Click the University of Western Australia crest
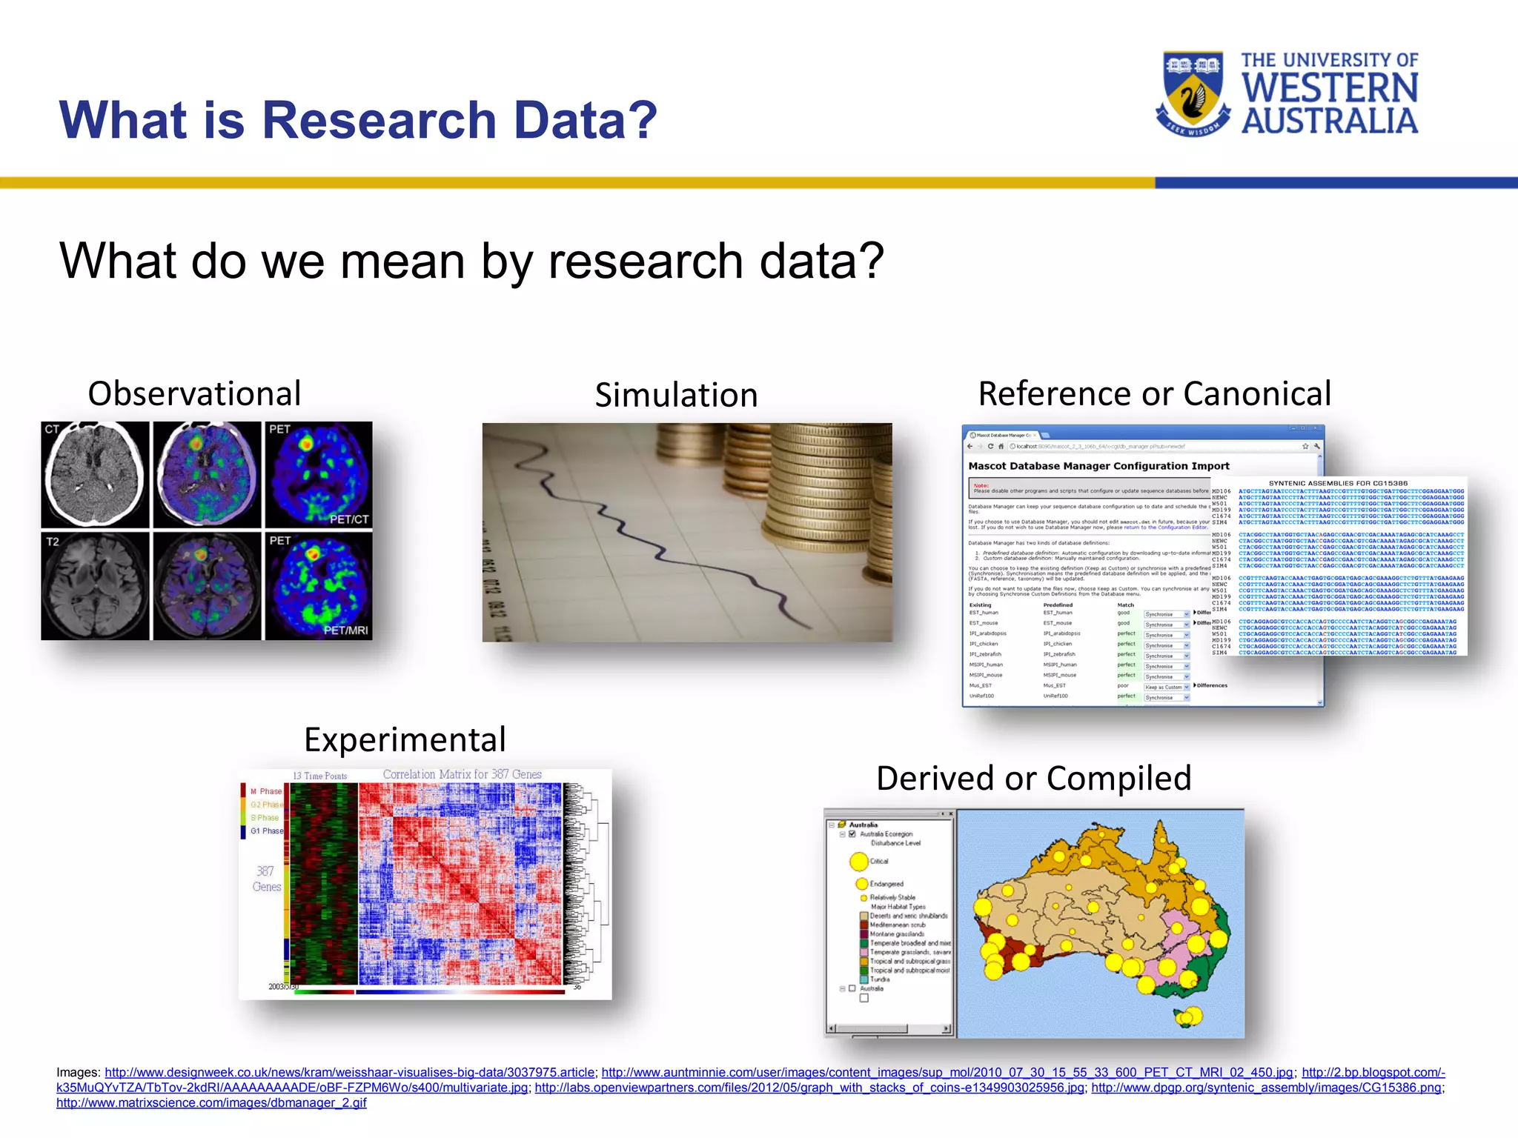coord(1192,93)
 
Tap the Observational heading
coord(194,393)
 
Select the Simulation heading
coord(676,395)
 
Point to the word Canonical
coord(1257,393)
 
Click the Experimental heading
coord(405,739)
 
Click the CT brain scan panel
coord(95,474)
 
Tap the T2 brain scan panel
coord(95,585)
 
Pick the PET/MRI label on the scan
coord(345,630)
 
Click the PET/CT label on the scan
coord(348,519)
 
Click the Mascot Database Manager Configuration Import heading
coord(1098,466)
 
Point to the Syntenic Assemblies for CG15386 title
coord(1338,483)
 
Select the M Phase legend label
coord(265,791)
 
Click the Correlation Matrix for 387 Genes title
coord(462,774)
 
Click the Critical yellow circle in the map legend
coord(859,861)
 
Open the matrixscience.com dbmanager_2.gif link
coord(211,1102)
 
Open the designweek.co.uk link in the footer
coord(349,1072)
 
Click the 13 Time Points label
coord(319,776)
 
